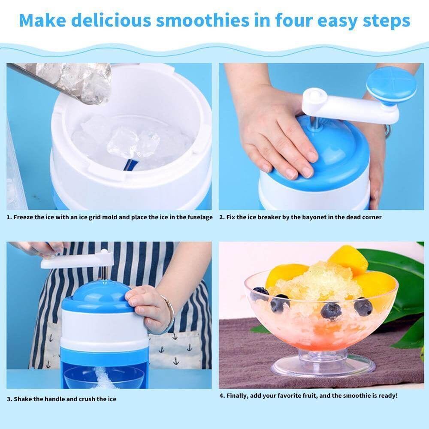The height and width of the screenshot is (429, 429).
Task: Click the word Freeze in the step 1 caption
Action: [x=23, y=217]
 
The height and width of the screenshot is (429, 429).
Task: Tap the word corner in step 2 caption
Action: [x=371, y=217]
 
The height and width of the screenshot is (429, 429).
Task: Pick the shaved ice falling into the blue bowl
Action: [x=103, y=375]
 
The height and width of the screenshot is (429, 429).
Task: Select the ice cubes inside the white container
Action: [x=129, y=142]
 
